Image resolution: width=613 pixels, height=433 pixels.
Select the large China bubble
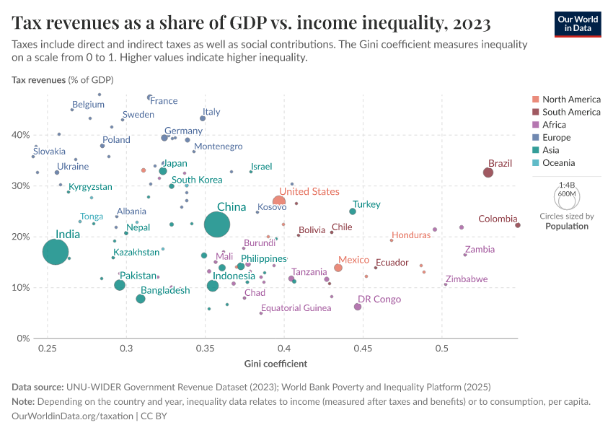(217, 224)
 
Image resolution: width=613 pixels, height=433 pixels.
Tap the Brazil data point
(488, 172)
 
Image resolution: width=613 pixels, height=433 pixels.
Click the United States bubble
(279, 202)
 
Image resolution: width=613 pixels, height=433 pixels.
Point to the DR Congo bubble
(358, 307)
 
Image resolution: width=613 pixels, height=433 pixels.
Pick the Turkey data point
(353, 211)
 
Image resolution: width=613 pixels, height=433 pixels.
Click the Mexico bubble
(338, 268)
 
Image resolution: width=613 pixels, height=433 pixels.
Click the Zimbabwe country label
(466, 279)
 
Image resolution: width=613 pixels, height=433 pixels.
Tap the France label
(164, 101)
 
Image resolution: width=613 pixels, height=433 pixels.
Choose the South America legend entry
(570, 112)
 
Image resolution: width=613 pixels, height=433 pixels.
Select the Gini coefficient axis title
(275, 363)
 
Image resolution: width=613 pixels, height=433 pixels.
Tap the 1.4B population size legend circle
(567, 196)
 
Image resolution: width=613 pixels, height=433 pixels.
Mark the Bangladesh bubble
(141, 299)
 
